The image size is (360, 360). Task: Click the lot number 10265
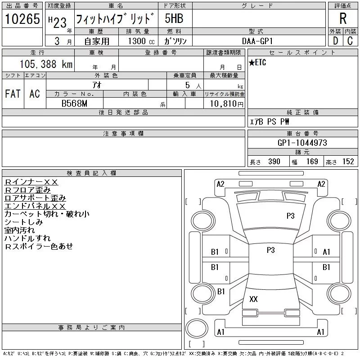[x=22, y=19]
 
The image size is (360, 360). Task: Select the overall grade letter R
[x=343, y=19]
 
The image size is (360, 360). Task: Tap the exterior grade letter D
[x=335, y=41]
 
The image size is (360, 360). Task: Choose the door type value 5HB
[x=174, y=19]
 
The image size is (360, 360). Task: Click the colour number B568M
[x=74, y=104]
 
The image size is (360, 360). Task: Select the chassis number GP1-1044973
[x=302, y=143]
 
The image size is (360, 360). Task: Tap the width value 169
[x=311, y=162]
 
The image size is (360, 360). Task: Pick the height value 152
[x=348, y=162]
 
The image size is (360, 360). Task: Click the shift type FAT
[x=13, y=94]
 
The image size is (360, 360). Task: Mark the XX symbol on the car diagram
[x=253, y=299]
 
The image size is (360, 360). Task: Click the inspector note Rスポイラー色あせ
[x=39, y=246]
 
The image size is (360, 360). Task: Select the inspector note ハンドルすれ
[x=27, y=238]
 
